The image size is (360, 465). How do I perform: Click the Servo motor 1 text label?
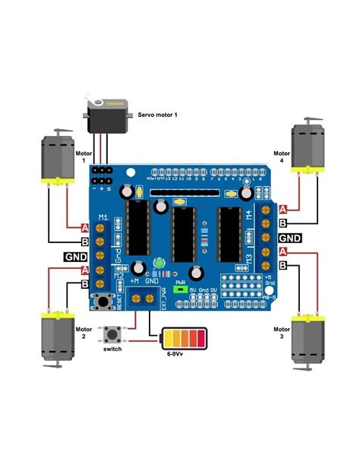[x=158, y=114]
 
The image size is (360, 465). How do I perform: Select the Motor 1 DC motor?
[x=52, y=162]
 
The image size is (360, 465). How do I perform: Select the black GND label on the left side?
[x=75, y=256]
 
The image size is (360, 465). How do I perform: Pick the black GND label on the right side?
[x=289, y=238]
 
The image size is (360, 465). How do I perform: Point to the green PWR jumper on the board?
[x=181, y=289]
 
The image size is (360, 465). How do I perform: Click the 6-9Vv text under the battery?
[x=179, y=354]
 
